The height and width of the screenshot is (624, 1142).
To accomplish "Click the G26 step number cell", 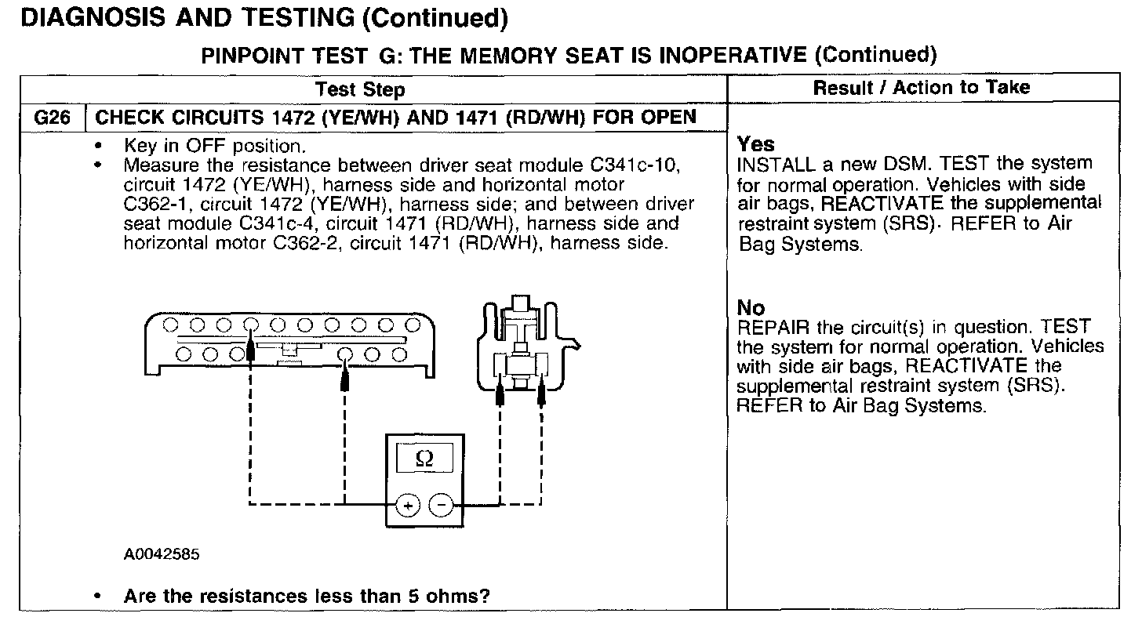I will [53, 118].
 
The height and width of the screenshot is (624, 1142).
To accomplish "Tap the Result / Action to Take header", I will [922, 88].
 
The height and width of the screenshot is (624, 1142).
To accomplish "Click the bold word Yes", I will [756, 144].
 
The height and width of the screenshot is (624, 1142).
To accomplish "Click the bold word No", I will [751, 308].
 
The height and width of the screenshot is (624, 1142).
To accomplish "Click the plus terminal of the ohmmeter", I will [407, 506].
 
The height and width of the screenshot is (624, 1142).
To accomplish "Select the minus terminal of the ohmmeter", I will [442, 506].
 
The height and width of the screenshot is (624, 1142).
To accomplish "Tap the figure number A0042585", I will [162, 555].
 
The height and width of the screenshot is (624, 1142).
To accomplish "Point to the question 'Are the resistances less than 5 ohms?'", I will [307, 596].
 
